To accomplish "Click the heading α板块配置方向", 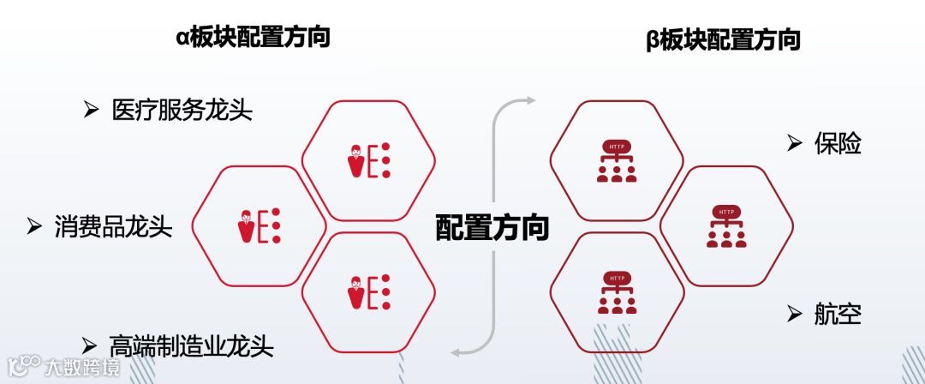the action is [253, 38].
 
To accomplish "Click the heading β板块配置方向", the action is [723, 40].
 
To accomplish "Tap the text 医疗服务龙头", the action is [182, 111].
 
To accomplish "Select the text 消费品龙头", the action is [113, 226].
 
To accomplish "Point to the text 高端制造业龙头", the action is [192, 346].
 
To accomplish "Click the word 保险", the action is [837, 143].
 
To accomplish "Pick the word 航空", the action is [837, 315].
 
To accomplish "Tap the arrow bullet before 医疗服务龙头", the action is [91, 110].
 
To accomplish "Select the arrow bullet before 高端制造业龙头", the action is [89, 345].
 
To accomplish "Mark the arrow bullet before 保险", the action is [794, 142].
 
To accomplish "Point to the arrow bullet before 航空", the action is [794, 314].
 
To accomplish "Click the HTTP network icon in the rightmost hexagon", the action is [726, 227].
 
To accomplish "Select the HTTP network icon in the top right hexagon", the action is [617, 161].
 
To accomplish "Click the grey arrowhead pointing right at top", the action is [530, 100].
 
